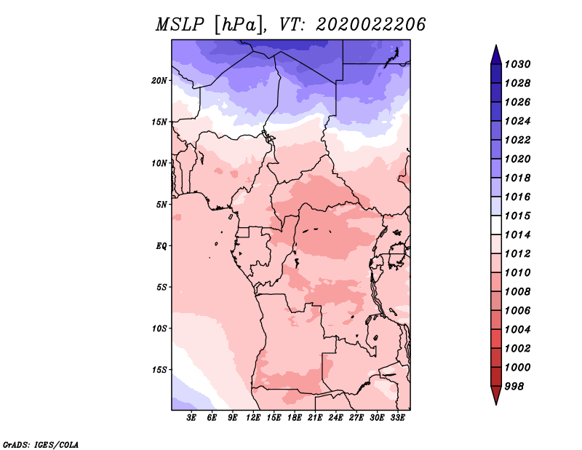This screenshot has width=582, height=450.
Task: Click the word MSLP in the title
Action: [x=180, y=25]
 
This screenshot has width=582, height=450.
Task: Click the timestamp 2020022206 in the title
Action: [x=371, y=25]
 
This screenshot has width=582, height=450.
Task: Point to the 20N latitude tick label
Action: [x=159, y=81]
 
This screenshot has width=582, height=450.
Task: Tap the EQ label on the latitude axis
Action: [x=162, y=246]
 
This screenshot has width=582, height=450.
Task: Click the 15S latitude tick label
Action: [x=159, y=370]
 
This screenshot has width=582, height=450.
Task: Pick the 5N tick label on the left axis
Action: [x=162, y=205]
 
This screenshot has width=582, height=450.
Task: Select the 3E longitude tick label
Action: [x=191, y=418]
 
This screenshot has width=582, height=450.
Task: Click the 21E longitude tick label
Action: [x=315, y=418]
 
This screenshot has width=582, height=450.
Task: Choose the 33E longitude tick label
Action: [x=397, y=418]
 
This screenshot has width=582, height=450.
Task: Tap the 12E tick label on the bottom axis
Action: [x=253, y=418]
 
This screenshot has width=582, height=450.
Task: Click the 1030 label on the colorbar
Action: [x=518, y=64]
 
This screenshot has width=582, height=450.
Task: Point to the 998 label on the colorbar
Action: [x=514, y=387]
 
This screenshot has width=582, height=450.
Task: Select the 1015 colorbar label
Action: [x=518, y=216]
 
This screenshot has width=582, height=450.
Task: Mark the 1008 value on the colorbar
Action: [x=518, y=292]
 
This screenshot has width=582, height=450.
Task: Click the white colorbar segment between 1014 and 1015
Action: [x=496, y=225]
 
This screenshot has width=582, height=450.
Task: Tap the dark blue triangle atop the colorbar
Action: [x=496, y=55]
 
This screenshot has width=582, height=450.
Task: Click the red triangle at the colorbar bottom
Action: [x=496, y=395]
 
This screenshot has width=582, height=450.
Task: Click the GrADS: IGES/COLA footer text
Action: [x=41, y=444]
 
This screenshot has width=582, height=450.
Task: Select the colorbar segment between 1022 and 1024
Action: [x=496, y=130]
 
